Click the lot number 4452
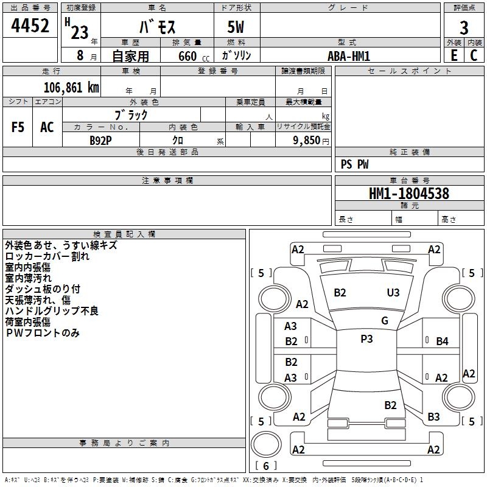[x=30, y=26]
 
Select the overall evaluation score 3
[x=464, y=28]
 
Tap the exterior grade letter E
[x=454, y=55]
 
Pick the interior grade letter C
[x=474, y=55]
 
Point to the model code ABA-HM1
[x=349, y=56]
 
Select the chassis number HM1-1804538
[x=409, y=194]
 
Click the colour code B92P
[x=101, y=140]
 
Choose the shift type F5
[x=18, y=127]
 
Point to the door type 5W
[x=236, y=28]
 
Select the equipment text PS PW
[x=355, y=164]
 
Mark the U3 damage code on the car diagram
[x=393, y=293]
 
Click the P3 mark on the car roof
[x=366, y=339]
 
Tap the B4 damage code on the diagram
[x=442, y=342]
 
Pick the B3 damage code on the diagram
[x=433, y=417]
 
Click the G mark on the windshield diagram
[x=385, y=321]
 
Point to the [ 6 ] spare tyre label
[x=265, y=466]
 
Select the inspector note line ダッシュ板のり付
[x=43, y=289]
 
